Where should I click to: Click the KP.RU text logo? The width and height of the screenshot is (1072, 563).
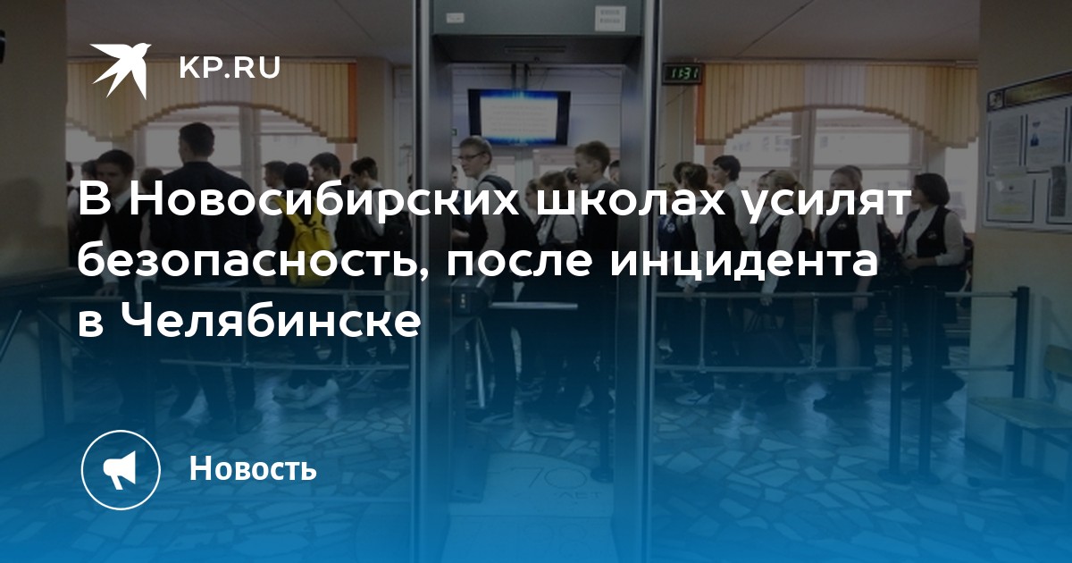pos(230,68)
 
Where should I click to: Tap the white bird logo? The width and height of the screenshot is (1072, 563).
pos(121,70)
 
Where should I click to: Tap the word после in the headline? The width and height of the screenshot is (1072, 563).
pos(518,264)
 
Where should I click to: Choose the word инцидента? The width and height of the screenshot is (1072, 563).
pos(743,265)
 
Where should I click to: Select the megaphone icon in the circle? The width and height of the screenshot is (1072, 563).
pos(120,470)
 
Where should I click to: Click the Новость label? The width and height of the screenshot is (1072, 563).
pos(253,467)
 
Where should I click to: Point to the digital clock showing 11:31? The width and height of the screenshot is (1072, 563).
pos(682,73)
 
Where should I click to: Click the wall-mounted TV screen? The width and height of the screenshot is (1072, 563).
pos(519,117)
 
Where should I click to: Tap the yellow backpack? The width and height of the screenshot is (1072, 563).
pos(310,246)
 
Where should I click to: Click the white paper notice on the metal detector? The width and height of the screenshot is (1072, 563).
pos(611,19)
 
